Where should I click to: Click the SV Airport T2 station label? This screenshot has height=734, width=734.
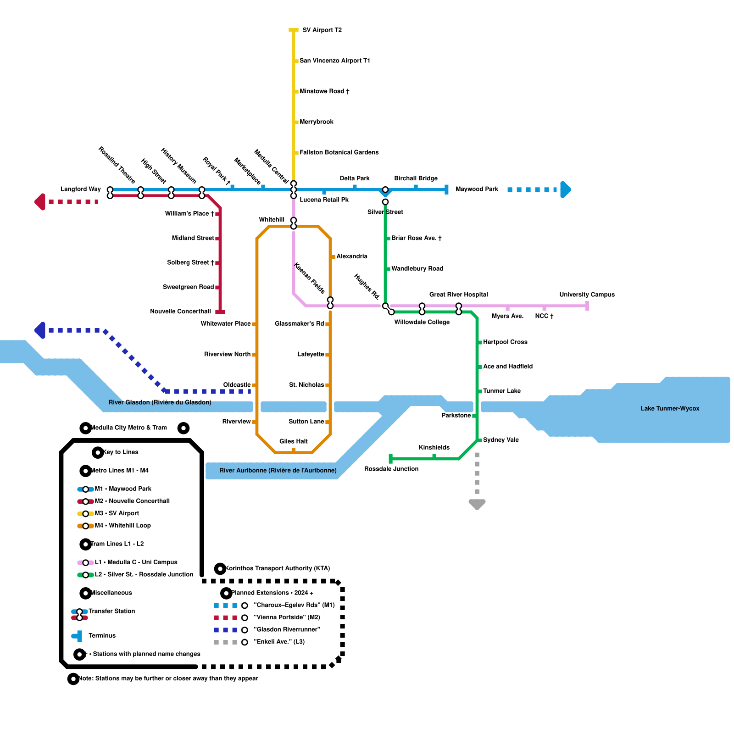(322, 30)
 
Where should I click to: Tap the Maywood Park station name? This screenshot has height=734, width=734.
(477, 189)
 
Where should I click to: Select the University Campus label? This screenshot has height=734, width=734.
(587, 295)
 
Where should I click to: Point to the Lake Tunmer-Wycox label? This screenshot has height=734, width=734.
(670, 408)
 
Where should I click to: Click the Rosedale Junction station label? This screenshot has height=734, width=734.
(391, 469)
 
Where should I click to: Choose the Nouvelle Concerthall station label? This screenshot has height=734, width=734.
(181, 311)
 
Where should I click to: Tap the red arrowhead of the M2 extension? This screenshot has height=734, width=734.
(40, 202)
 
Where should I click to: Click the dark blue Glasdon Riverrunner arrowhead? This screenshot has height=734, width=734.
(40, 330)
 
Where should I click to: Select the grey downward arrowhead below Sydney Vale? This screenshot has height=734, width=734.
(477, 504)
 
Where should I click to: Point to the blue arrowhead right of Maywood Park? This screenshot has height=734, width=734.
(566, 189)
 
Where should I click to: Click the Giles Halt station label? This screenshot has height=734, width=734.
(294, 441)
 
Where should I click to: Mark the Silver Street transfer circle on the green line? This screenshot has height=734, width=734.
(385, 202)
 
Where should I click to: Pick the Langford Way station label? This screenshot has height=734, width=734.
(81, 189)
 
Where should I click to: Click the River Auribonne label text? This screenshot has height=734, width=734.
(278, 470)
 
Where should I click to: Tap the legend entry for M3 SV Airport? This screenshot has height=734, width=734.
(117, 513)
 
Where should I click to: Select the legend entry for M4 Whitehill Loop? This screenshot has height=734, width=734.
(122, 525)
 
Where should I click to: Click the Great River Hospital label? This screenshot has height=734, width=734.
(459, 295)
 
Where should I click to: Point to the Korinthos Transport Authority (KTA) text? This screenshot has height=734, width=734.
(278, 568)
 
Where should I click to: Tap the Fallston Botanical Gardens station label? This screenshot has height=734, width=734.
(339, 152)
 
